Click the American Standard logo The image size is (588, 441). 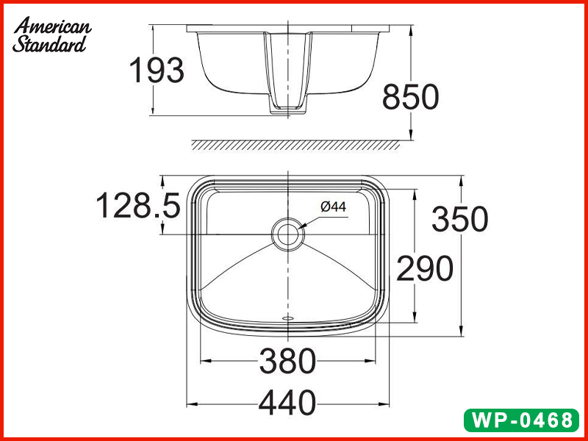(x=51, y=35)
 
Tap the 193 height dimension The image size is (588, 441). (x=156, y=71)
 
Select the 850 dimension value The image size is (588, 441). (x=410, y=97)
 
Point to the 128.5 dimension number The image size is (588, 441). (x=138, y=207)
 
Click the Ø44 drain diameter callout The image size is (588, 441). (x=333, y=207)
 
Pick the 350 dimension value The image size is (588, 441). (x=459, y=220)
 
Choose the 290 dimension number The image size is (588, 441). (x=425, y=270)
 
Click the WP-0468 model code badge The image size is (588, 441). (x=522, y=420)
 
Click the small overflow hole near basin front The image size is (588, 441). (x=287, y=318)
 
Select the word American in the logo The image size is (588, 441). (x=53, y=26)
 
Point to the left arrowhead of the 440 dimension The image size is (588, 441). (x=190, y=404)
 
